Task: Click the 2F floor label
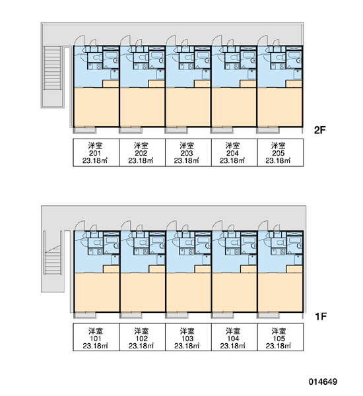(x=319, y=130)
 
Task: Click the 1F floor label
(x=321, y=316)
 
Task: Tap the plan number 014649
(x=323, y=381)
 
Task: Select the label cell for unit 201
(x=96, y=152)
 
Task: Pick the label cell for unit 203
(x=188, y=152)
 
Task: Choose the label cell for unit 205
(x=280, y=152)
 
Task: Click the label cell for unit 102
(x=142, y=337)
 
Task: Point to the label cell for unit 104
(x=234, y=337)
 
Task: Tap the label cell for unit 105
(x=280, y=337)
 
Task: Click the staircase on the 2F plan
(x=53, y=68)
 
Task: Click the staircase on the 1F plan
(x=53, y=260)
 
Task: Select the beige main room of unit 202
(x=143, y=107)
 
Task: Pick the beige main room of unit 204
(x=234, y=107)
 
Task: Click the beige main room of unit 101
(x=96, y=292)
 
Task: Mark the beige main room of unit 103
(x=189, y=292)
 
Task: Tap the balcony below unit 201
(x=84, y=130)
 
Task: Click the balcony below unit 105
(x=268, y=315)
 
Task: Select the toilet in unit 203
(x=187, y=57)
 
